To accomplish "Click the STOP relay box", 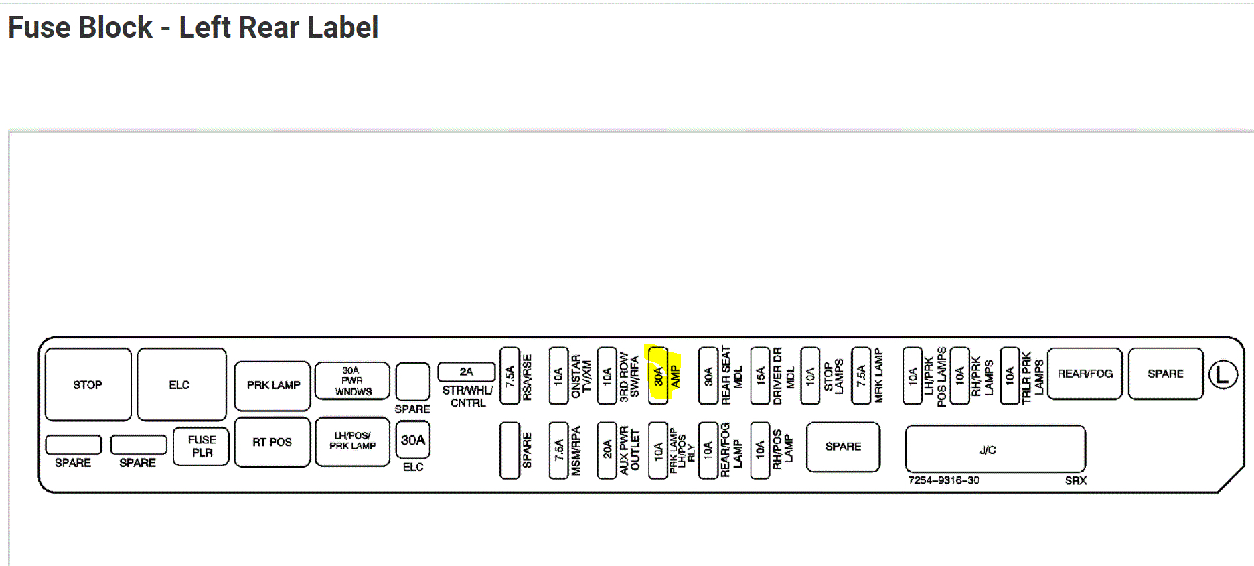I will coord(88,384).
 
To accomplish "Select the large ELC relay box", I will coord(181,384).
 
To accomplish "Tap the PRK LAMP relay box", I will coord(272,385).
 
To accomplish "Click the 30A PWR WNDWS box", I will coord(352,380).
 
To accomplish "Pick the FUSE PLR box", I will coord(202,446).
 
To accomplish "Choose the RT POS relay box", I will coord(272,442).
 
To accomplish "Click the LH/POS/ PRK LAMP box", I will coord(352,441).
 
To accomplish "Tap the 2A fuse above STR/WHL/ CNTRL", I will coord(466,372).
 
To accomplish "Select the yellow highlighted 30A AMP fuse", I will coord(659,375).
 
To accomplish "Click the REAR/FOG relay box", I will coord(1085,374).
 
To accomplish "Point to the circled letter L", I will coord(1223,374).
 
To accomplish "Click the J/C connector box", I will coord(995,449).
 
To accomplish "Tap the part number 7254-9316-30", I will coord(943,480).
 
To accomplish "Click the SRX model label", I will coord(1075,480).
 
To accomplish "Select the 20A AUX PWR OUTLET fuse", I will coord(607,449).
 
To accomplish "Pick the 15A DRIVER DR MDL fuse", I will coord(760,375).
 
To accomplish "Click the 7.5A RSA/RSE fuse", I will coord(510,375).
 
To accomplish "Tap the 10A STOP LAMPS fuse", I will coord(810,375).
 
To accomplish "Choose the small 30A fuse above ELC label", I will coord(412,440).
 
